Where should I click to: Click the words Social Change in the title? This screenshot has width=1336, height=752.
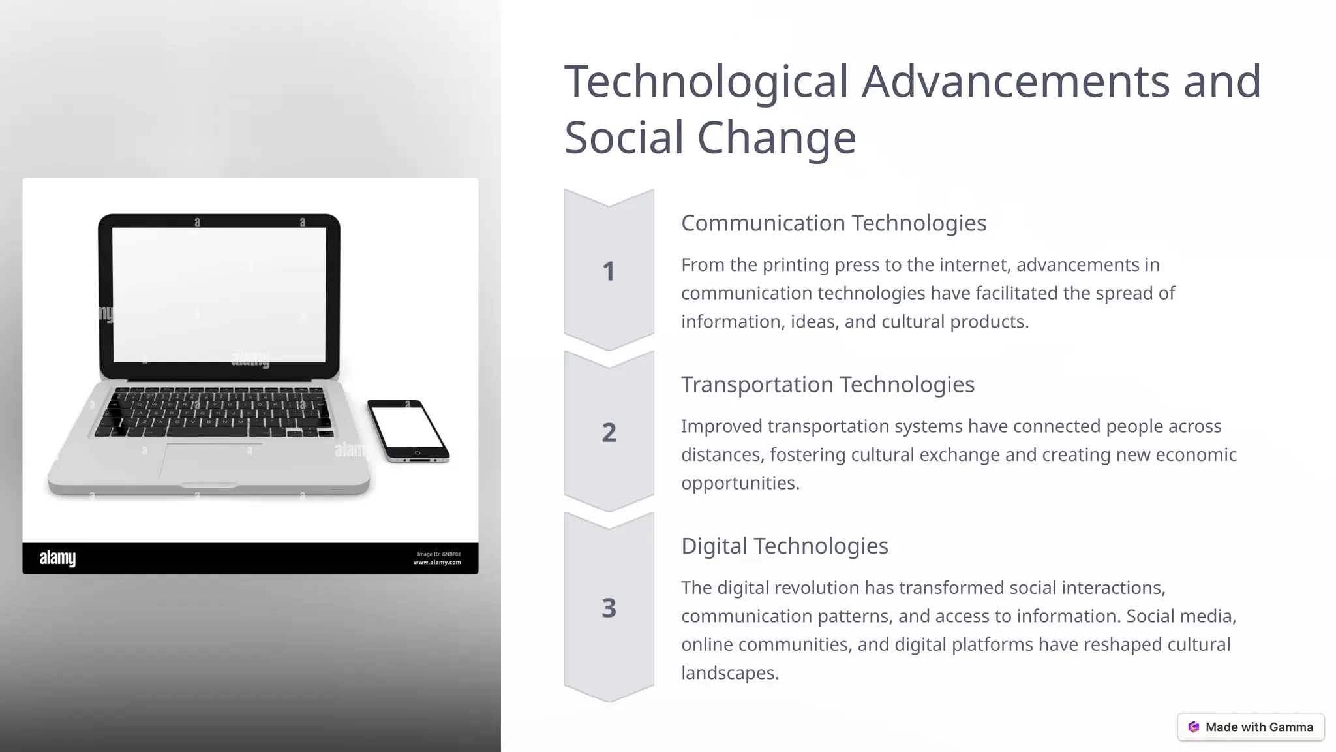(710, 138)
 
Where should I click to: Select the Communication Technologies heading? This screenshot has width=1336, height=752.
(833, 223)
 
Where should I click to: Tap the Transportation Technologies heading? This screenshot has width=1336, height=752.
(827, 384)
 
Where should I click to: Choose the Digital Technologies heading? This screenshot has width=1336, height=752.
(784, 546)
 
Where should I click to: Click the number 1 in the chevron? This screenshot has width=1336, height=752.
(609, 272)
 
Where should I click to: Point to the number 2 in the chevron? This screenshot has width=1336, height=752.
(609, 433)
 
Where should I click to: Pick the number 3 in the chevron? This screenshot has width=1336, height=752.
(609, 608)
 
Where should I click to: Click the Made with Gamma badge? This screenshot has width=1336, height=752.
(1251, 727)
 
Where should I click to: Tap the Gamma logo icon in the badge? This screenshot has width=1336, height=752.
(1194, 727)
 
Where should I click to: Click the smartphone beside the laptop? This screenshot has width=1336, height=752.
(408, 431)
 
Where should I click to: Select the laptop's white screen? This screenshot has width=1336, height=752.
(219, 294)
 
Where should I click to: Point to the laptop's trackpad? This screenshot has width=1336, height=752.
(210, 462)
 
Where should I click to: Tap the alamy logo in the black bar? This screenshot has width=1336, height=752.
(57, 558)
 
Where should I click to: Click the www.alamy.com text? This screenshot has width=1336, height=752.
(437, 563)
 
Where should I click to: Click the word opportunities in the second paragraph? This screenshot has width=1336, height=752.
(740, 483)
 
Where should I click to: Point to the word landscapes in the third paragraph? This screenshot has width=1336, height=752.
(729, 673)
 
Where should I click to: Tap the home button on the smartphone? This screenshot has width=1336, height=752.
(418, 452)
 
